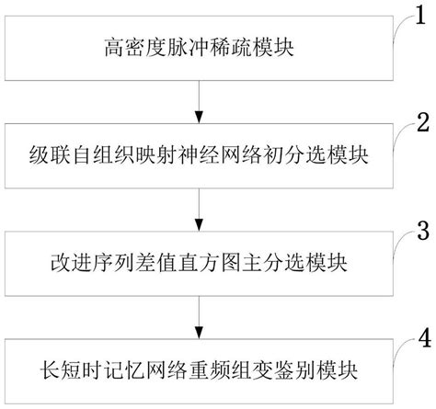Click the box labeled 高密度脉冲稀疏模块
198,44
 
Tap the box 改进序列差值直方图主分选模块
198,264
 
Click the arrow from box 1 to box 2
199,104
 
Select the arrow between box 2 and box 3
199,210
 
